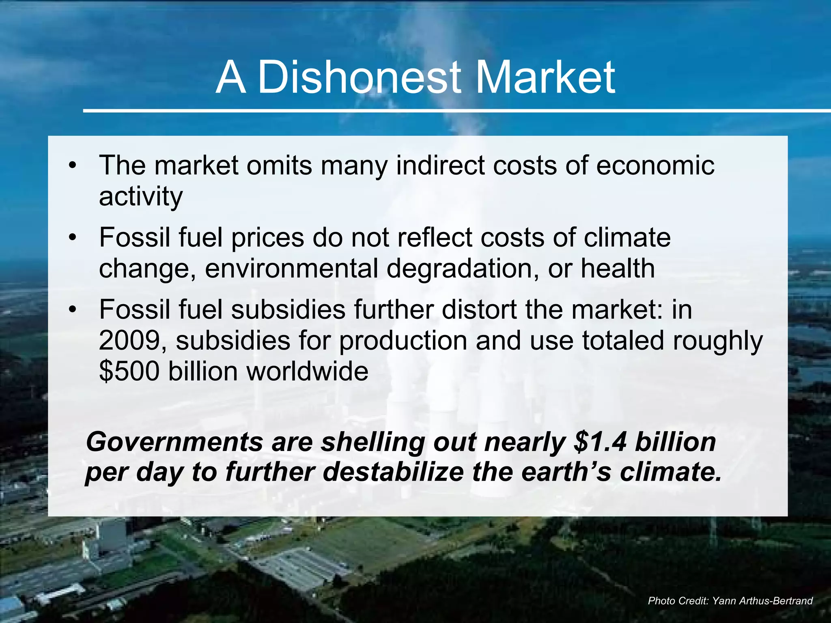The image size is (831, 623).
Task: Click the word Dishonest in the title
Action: tap(359, 77)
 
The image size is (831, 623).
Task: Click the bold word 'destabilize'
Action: tap(393, 473)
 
